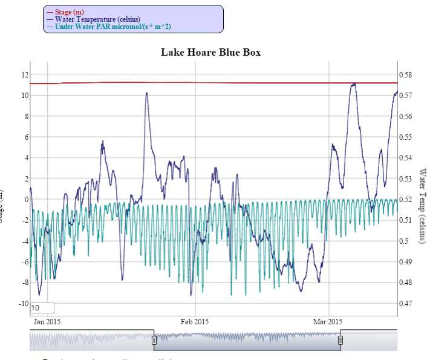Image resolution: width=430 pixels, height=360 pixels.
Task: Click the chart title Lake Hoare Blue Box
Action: [210, 52]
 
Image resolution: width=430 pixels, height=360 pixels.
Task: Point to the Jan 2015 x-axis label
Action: [47, 321]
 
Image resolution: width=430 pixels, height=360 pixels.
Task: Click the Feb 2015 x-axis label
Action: [195, 321]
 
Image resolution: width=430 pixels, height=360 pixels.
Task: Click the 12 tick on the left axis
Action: [25, 74]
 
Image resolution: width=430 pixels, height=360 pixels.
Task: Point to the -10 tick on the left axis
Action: [22, 303]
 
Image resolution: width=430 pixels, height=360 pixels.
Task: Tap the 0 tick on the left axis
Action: [26, 199]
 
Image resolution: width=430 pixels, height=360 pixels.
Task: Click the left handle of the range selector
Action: [154, 340]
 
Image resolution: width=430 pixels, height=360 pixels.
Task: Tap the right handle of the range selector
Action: [340, 340]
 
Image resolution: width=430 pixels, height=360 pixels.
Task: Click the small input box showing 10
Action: [42, 308]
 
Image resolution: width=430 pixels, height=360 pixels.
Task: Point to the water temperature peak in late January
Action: [146, 93]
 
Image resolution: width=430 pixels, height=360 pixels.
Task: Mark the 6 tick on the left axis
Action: [26, 137]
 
